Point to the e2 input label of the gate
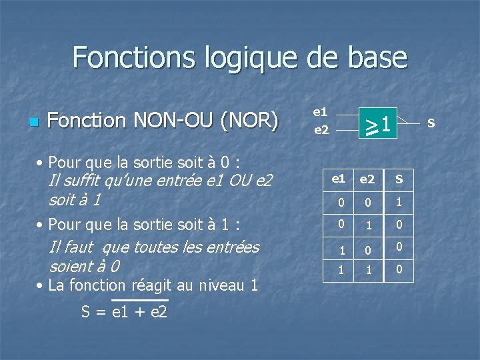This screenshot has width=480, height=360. (x=321, y=130)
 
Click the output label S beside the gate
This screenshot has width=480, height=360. (x=431, y=123)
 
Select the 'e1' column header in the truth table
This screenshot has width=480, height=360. (x=339, y=178)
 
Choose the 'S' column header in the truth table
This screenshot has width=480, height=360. (x=399, y=178)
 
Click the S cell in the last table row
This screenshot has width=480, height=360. (x=399, y=270)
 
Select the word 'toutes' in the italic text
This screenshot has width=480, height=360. (x=157, y=247)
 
